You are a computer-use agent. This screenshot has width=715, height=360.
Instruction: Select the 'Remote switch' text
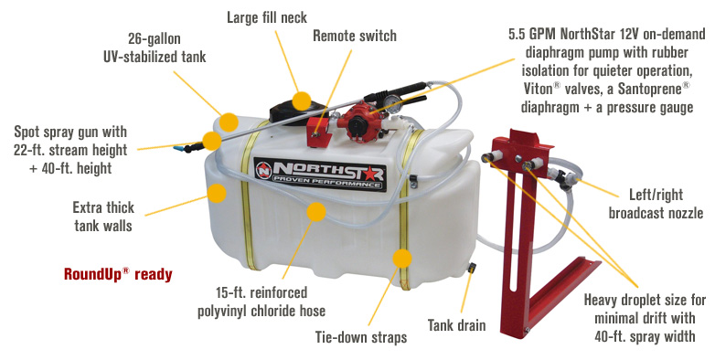[355, 36]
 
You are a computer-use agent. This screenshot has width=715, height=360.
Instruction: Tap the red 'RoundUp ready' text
[117, 273]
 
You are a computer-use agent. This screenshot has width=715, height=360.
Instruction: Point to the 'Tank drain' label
[461, 325]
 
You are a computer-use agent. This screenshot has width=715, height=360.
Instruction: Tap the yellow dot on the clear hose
[316, 213]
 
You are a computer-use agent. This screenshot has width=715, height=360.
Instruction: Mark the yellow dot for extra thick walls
[217, 192]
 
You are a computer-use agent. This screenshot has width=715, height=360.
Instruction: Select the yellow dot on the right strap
[400, 257]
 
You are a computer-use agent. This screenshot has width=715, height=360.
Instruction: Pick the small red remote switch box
[321, 129]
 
